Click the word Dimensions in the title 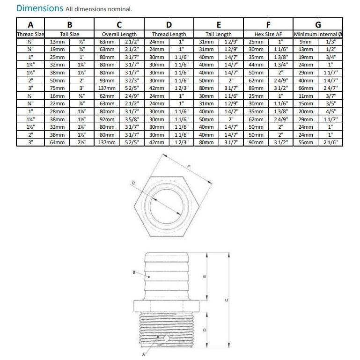tap(39, 8)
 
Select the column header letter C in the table tap(119, 25)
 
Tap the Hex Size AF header tap(269, 34)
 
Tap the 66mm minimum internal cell tap(306, 88)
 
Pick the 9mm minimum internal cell tap(306, 42)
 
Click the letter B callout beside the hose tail tap(134, 272)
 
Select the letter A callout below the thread tap(143, 355)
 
